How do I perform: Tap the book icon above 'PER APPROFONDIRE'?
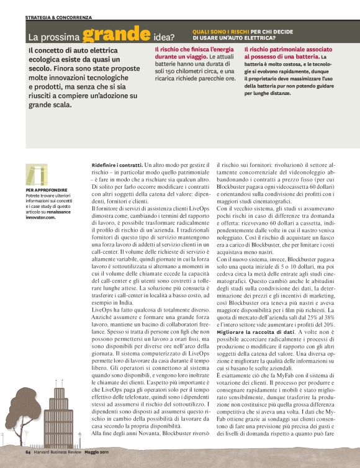(x=37, y=174)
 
